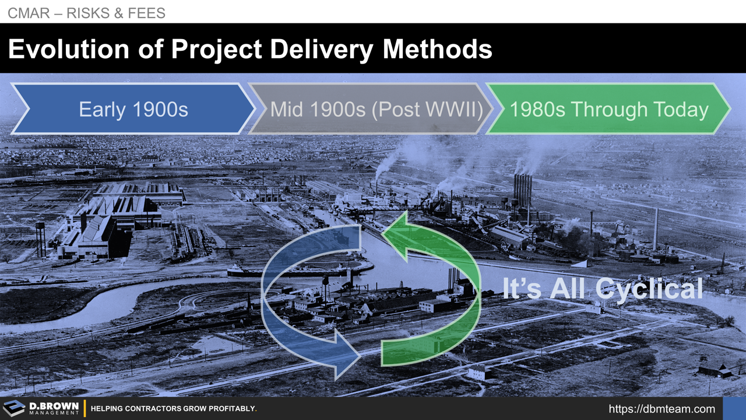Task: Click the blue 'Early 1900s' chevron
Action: tap(133, 109)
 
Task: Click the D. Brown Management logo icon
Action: tap(14, 408)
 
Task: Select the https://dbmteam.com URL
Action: tap(661, 409)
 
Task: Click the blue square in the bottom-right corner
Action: tap(734, 408)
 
